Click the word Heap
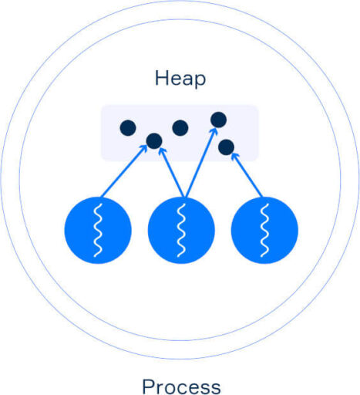(x=180, y=78)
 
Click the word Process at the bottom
(x=181, y=387)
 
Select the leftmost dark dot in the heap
(x=128, y=128)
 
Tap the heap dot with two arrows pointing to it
(x=154, y=141)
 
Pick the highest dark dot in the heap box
(x=218, y=120)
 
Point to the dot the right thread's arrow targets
(x=226, y=147)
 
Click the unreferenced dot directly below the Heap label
(x=180, y=128)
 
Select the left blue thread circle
(x=98, y=230)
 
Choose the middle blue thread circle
(x=181, y=230)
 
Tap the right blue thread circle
(x=264, y=230)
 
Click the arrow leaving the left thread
(x=124, y=171)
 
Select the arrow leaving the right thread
(x=247, y=175)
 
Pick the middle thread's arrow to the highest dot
(x=201, y=163)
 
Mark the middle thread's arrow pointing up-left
(x=171, y=172)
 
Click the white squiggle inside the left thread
(x=98, y=230)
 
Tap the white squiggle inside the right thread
(x=264, y=230)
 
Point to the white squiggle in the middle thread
(x=181, y=230)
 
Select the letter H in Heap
(x=160, y=78)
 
